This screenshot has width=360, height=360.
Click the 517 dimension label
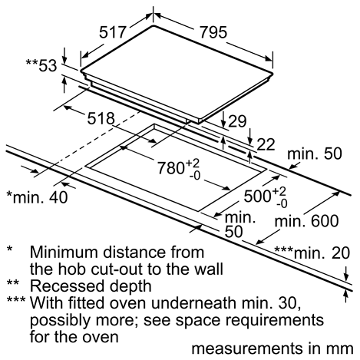[113, 32]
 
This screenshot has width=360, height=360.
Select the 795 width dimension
[213, 32]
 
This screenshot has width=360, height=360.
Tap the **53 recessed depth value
[41, 65]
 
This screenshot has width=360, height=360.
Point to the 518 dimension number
[101, 118]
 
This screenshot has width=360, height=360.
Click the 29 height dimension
[237, 121]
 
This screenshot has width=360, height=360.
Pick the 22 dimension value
[266, 144]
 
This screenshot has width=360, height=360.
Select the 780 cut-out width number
[170, 168]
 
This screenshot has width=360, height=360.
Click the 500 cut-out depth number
[257, 197]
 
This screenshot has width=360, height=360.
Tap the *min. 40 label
[38, 197]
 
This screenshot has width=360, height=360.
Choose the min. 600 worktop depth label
[306, 221]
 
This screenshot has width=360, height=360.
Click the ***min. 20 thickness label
[312, 253]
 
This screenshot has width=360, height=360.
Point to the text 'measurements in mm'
[272, 348]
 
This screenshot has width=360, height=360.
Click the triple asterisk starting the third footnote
[16, 300]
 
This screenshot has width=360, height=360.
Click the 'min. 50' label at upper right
[315, 154]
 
